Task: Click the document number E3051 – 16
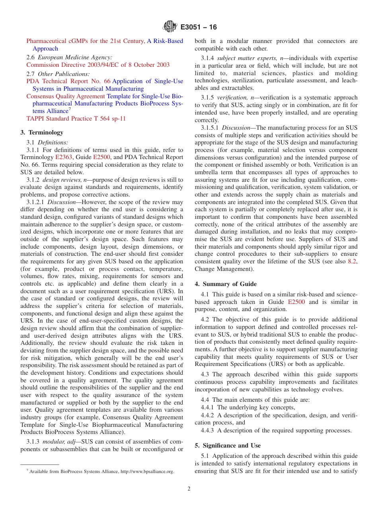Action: [199, 27]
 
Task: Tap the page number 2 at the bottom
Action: [189, 489]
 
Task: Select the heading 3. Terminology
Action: [42, 132]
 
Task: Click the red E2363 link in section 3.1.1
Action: [62, 150]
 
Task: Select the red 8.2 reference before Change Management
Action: [352, 261]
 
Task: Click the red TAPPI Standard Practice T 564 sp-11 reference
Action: [76, 119]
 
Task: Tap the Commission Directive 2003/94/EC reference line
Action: [98, 65]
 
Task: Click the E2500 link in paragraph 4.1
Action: [296, 302]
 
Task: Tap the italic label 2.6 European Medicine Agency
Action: [69, 57]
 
